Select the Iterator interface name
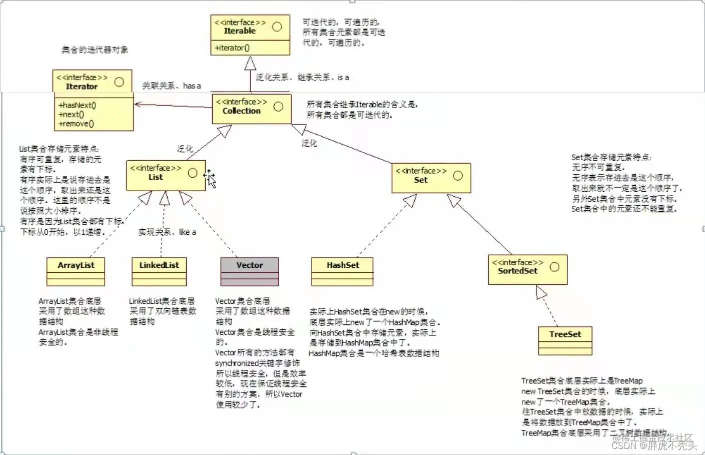(82, 87)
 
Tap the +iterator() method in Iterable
(232, 48)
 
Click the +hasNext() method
(77, 105)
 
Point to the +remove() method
(76, 124)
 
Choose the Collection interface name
(241, 111)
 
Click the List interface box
(166, 175)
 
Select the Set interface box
(431, 178)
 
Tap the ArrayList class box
(76, 271)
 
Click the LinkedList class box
(159, 271)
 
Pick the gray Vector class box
(250, 271)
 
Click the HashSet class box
(342, 271)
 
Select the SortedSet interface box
(527, 269)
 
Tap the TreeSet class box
(565, 340)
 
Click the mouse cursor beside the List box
(210, 178)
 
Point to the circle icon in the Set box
(457, 176)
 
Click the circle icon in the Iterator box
(119, 82)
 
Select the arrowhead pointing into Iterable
(250, 63)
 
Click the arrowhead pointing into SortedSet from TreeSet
(541, 292)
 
